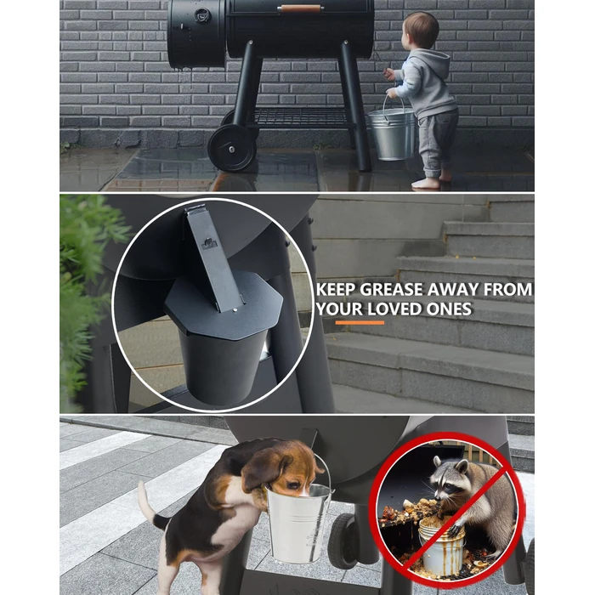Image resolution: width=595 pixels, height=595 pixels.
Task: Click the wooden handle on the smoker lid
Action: click(299, 8)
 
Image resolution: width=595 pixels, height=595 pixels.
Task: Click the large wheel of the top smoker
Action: click(231, 147)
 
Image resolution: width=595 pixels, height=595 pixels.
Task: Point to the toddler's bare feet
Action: click(429, 181)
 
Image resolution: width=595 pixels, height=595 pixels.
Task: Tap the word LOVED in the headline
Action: click(404, 309)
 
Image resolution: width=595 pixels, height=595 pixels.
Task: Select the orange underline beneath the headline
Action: click(359, 324)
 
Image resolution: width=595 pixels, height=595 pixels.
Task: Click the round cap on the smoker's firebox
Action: click(201, 14)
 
